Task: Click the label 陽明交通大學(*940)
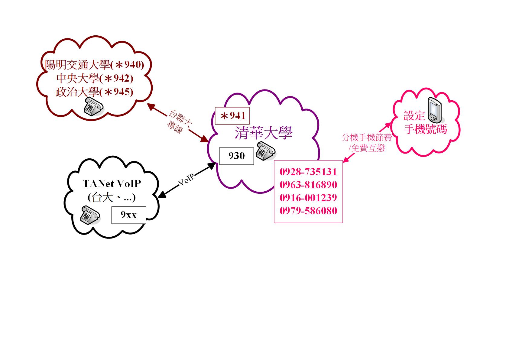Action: [x=95, y=65]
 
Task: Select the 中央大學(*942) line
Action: [x=95, y=79]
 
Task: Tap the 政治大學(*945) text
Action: [x=95, y=92]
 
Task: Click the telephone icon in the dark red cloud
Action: [x=93, y=106]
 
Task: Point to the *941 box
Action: [x=232, y=116]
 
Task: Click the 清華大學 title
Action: [x=264, y=133]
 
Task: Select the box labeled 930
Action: [x=236, y=156]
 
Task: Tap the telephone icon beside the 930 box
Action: [x=265, y=150]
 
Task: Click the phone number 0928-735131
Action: [x=308, y=172]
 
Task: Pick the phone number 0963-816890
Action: [x=308, y=185]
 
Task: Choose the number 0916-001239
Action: [x=308, y=198]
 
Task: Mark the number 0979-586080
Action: [x=308, y=210]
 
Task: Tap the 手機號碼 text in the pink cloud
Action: [x=425, y=129]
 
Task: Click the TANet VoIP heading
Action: [x=112, y=183]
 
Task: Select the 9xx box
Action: [x=128, y=215]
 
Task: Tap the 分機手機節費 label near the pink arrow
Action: [x=367, y=138]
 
